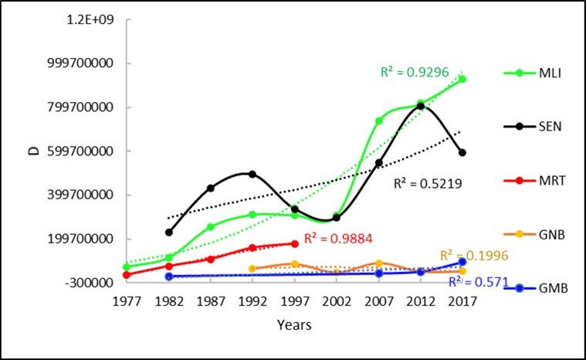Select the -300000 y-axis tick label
tap(90, 283)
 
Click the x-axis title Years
tap(294, 325)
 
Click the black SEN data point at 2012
tap(421, 106)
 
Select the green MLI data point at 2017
tap(462, 79)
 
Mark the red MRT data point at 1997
tap(294, 243)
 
